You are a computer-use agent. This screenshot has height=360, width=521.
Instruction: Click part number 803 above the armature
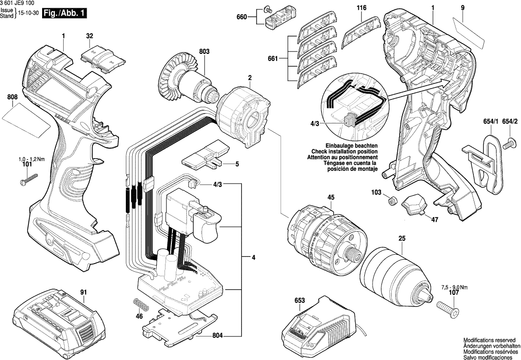tap(204, 51)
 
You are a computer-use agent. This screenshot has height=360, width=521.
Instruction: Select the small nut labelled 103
tap(392, 200)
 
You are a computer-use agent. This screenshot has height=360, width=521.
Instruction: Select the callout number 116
tap(362, 8)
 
